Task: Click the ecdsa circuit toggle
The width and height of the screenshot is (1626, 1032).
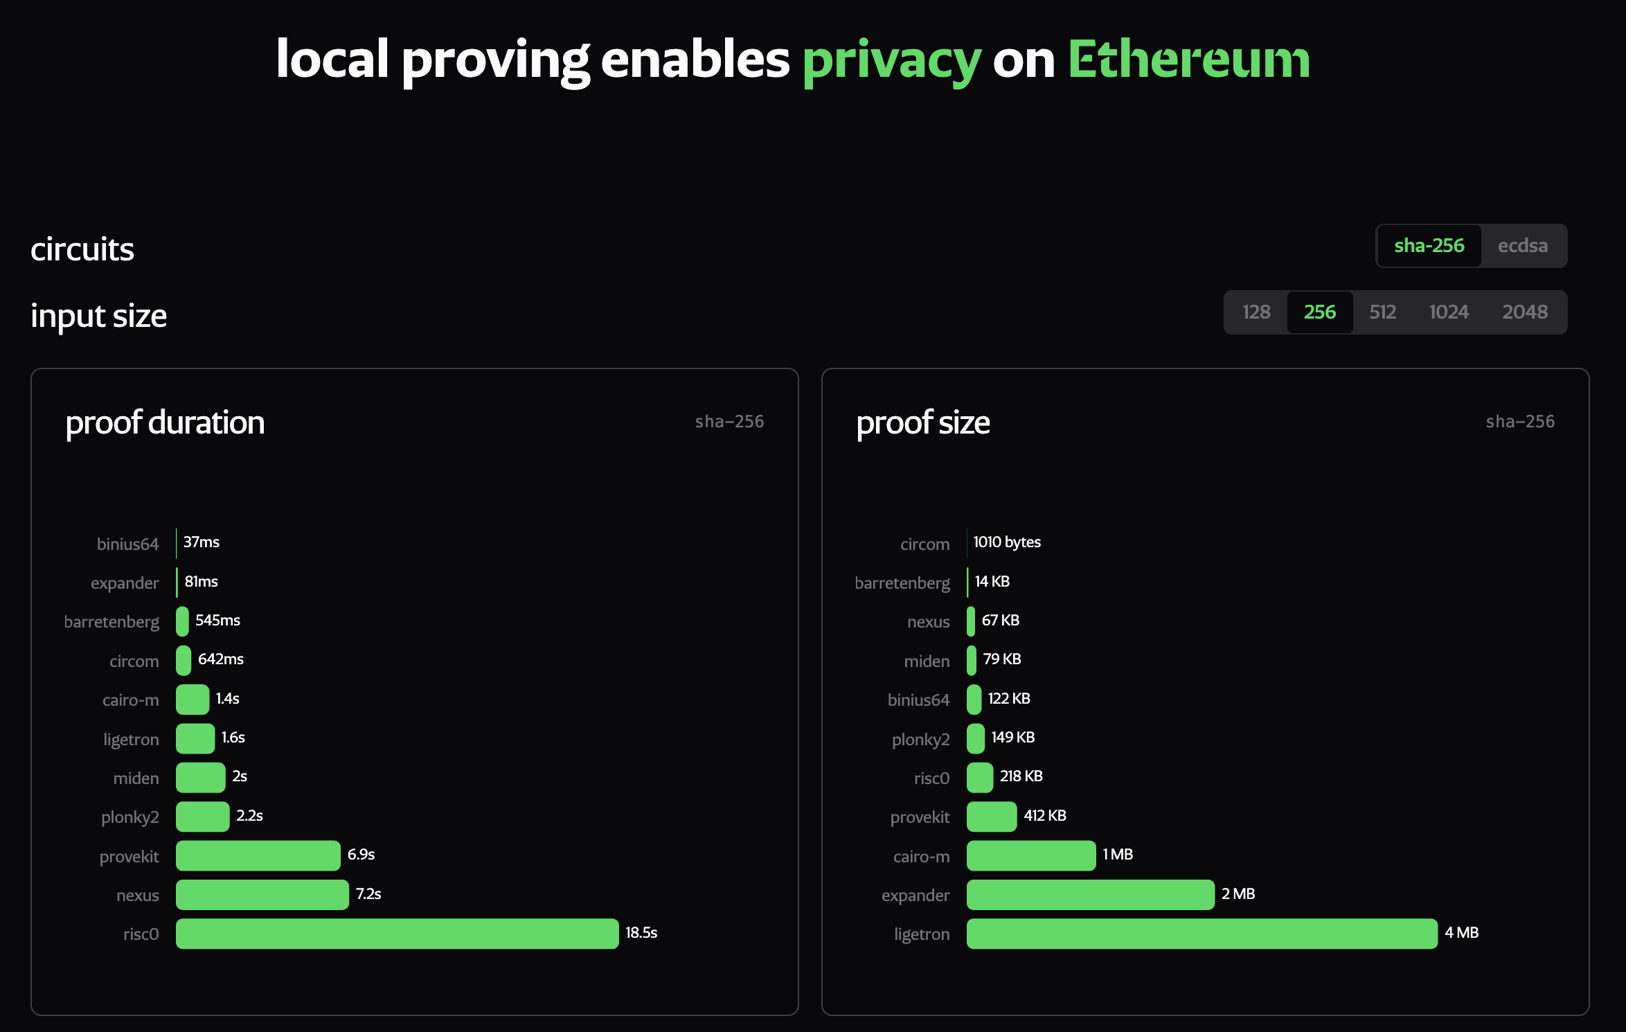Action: (1522, 246)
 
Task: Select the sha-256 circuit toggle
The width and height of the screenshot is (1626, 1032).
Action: (1429, 246)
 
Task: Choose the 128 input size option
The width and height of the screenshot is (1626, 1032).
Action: (1256, 312)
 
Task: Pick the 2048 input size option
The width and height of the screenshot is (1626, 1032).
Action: (1524, 312)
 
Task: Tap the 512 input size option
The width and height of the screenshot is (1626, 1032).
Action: (1382, 312)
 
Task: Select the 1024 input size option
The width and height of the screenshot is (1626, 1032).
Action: (1449, 312)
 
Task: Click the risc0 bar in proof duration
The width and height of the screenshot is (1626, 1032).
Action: (397, 934)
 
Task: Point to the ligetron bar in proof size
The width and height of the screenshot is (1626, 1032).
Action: (1201, 934)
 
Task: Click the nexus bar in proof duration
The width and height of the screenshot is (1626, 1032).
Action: (262, 895)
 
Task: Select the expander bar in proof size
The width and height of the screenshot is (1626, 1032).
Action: (1090, 895)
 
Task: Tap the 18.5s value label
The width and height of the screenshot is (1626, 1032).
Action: (641, 933)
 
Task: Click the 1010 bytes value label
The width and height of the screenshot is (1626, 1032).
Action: (1007, 542)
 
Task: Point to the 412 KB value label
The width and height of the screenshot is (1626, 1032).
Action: (1045, 816)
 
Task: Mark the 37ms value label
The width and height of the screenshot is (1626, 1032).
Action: (202, 542)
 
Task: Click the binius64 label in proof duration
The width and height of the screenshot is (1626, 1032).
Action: (128, 544)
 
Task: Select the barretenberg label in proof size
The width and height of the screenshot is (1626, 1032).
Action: (902, 583)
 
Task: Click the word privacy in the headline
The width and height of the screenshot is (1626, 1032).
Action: (892, 60)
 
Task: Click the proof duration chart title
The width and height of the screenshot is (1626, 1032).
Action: (165, 422)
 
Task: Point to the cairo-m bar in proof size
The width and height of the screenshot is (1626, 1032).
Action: (1031, 855)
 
